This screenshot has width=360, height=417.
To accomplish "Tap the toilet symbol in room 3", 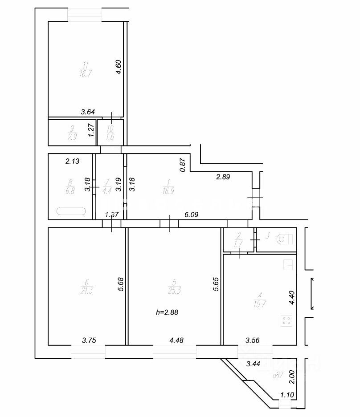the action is (282, 239).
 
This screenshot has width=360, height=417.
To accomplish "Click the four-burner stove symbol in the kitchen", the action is (287, 320).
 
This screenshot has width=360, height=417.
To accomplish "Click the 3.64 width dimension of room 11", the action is (88, 113).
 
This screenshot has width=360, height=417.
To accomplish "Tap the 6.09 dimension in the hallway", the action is (192, 215).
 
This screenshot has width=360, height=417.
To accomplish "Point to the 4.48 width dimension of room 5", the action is (176, 340).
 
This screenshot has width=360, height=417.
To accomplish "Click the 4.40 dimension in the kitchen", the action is (292, 298).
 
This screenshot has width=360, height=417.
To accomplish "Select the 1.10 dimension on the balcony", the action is (288, 394).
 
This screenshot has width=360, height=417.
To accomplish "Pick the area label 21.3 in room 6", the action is (86, 291).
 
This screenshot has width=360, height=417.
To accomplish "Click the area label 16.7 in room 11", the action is (84, 74).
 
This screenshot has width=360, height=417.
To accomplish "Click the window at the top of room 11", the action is (84, 15).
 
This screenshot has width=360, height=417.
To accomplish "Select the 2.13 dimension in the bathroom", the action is (72, 162).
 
